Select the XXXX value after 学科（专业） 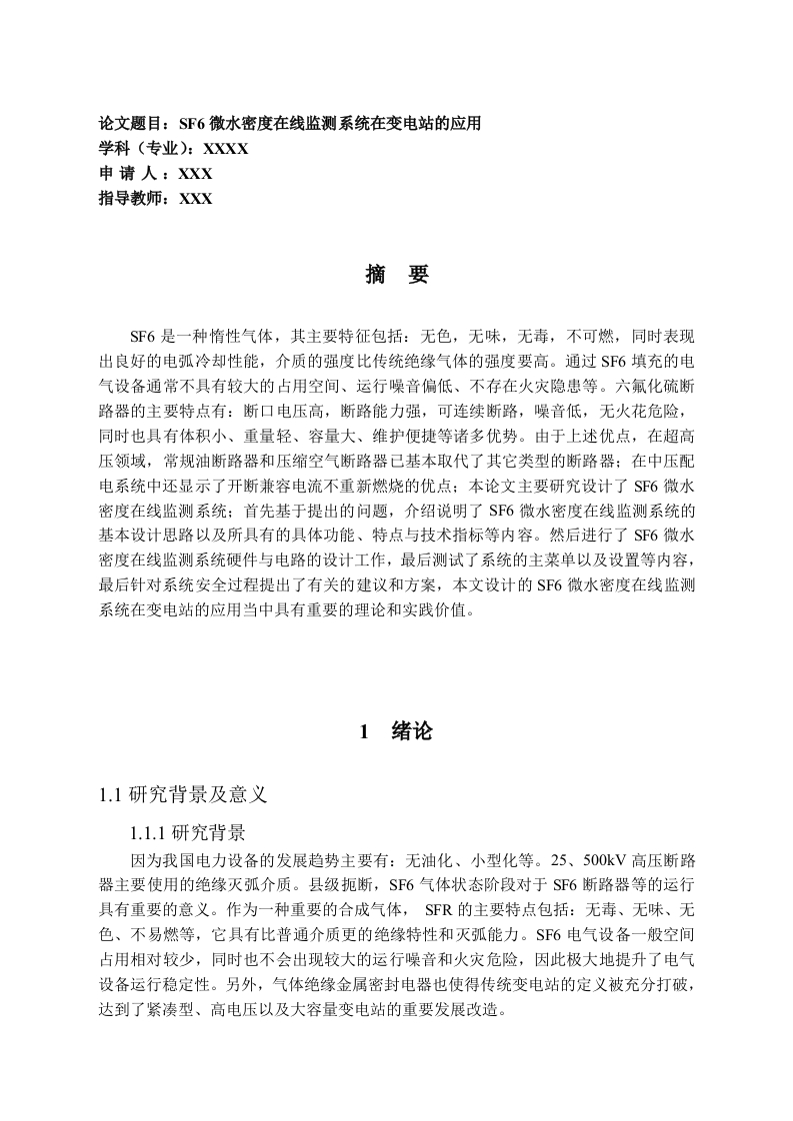[x=225, y=150]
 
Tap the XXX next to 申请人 [x=195, y=174]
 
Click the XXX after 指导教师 [x=195, y=199]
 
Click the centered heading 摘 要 [x=397, y=276]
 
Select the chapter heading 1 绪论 [x=397, y=731]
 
